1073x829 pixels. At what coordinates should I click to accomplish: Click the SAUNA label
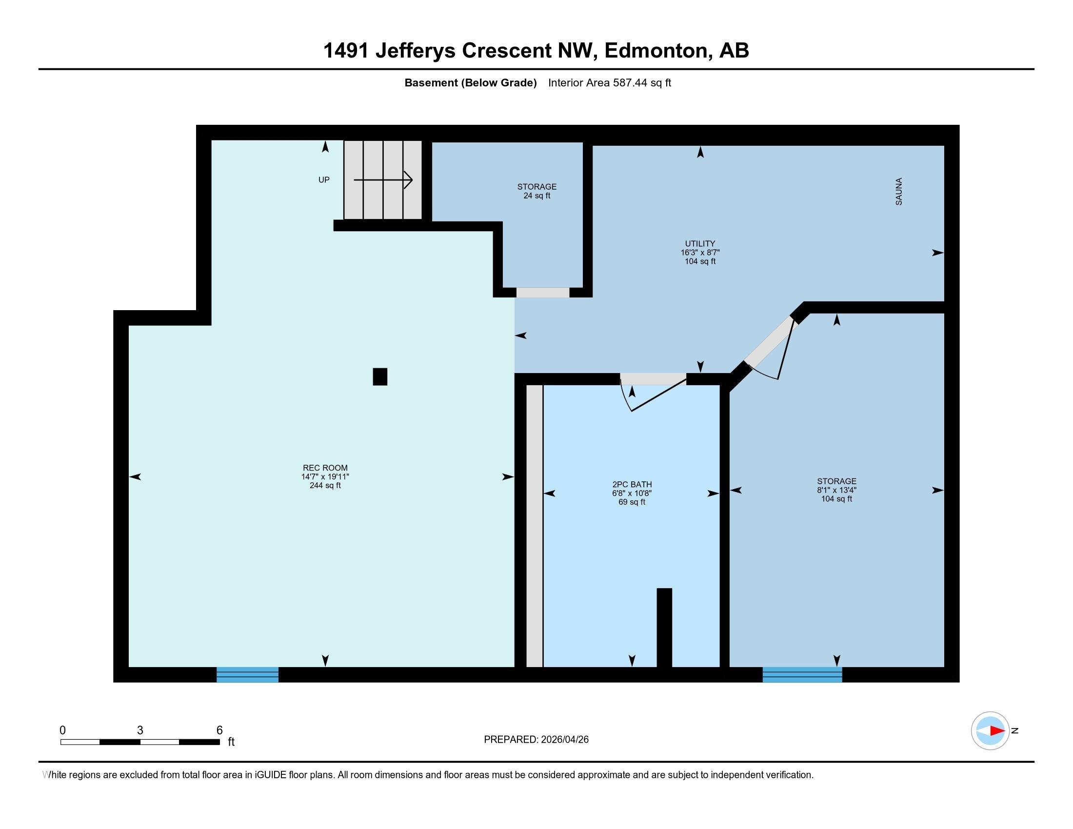(898, 192)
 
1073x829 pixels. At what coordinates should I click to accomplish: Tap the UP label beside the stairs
(324, 180)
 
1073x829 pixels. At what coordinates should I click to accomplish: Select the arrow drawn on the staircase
(383, 180)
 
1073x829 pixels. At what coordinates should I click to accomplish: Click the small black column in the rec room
(380, 376)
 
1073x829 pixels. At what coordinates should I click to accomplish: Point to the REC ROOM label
(325, 468)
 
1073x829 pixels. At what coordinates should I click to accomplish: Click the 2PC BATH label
(632, 484)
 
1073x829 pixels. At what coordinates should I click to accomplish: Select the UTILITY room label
(700, 244)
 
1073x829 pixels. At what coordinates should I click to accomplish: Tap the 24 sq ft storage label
(536, 191)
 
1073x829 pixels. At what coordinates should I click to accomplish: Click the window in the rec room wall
(248, 674)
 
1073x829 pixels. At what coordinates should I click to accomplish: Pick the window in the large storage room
(802, 674)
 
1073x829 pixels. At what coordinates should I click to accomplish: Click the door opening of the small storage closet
(542, 292)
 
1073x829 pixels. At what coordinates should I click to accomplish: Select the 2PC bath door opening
(653, 378)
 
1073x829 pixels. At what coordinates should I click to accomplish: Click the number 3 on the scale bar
(140, 730)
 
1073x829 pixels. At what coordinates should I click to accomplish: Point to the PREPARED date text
(536, 740)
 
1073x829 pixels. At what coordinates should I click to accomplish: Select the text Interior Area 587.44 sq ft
(609, 83)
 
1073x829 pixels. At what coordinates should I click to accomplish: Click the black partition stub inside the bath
(664, 627)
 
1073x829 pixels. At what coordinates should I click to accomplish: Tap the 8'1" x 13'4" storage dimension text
(836, 490)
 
